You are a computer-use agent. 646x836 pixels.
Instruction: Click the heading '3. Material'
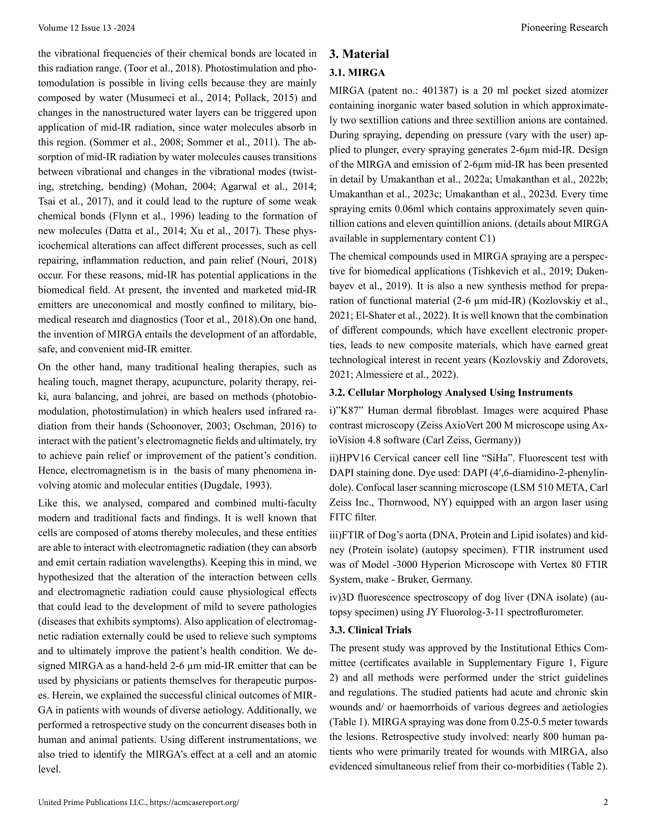[x=359, y=54]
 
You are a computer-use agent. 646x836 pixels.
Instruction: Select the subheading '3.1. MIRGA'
[x=357, y=73]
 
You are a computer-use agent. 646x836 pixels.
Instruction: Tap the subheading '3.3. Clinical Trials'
[x=370, y=630]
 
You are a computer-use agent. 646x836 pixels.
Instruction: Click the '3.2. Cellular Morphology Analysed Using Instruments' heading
[x=451, y=392]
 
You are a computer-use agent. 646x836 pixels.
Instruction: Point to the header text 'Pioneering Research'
[x=564, y=27]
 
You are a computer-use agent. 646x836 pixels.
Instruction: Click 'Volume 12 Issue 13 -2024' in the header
[x=86, y=28]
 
